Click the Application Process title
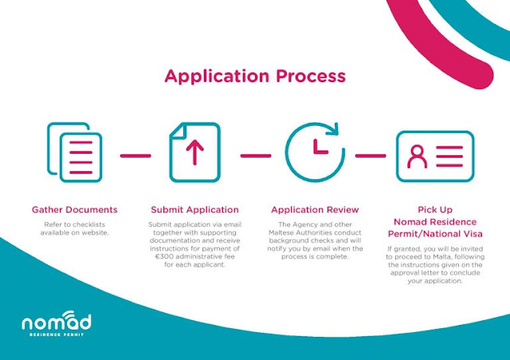[x=255, y=76]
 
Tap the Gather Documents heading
[x=74, y=209]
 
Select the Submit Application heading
[x=194, y=209]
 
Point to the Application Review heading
[x=315, y=209]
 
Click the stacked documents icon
[x=74, y=152]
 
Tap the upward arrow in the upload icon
[x=194, y=152]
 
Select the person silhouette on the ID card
[x=418, y=156]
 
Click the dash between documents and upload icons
[x=135, y=156]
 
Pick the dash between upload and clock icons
[x=256, y=156]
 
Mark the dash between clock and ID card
[x=371, y=156]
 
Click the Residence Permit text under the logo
[x=57, y=335]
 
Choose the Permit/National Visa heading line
[x=435, y=234]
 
